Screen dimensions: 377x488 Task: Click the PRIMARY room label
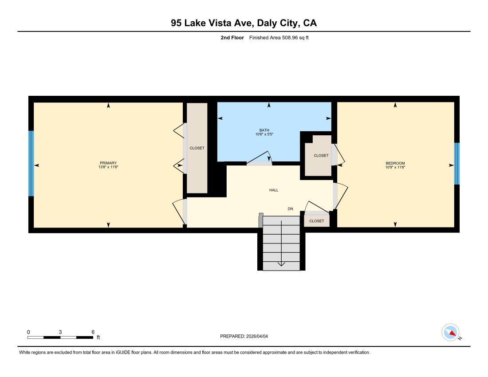(108, 163)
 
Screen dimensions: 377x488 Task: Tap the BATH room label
(264, 130)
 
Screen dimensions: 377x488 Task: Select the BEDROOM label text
(395, 163)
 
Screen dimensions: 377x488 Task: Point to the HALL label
(274, 190)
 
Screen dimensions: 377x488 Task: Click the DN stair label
(291, 208)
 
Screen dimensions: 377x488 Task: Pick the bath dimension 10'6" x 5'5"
(264, 134)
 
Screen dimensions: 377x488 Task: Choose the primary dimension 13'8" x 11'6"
(108, 167)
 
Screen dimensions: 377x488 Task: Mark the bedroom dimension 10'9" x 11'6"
(395, 167)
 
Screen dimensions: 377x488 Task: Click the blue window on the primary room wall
(31, 163)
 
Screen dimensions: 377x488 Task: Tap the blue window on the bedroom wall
(457, 163)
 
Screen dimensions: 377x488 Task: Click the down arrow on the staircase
(281, 263)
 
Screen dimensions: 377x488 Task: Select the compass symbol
(451, 333)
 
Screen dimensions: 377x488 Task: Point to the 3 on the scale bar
(60, 332)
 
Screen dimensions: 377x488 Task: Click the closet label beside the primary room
(197, 148)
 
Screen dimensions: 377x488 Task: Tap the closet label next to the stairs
(317, 221)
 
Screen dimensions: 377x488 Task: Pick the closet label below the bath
(321, 156)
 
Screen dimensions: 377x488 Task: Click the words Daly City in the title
(278, 23)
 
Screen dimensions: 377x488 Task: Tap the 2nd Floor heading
(232, 38)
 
